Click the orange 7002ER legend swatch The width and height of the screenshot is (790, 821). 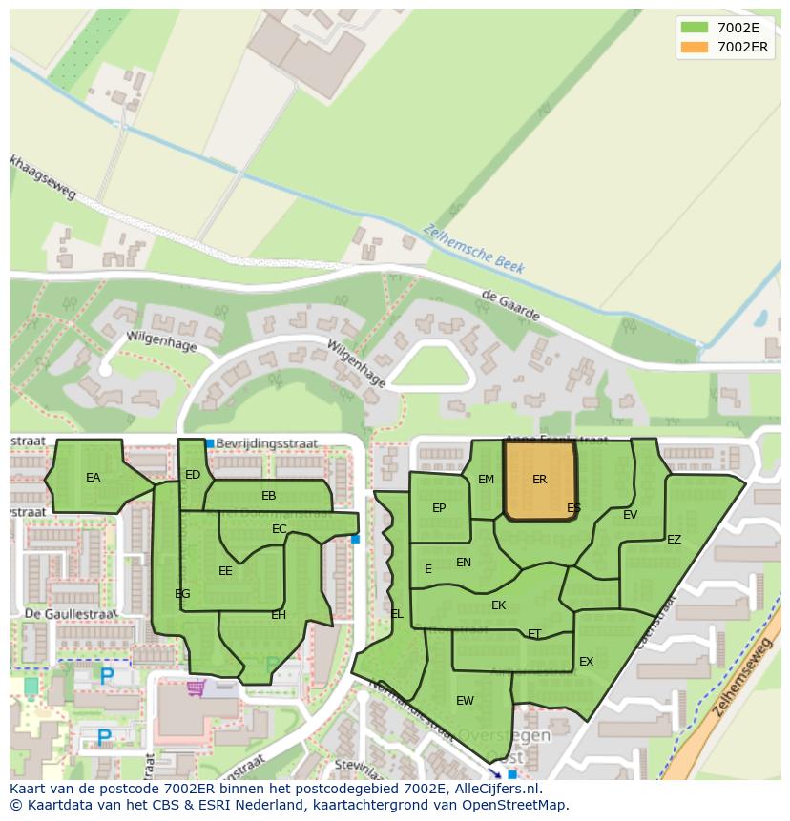pos(695,47)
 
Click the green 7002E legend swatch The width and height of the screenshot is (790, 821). pos(695,28)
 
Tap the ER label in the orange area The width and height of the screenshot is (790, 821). pos(540,480)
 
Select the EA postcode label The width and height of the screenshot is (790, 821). pos(93,478)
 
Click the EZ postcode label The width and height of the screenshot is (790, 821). pos(675,540)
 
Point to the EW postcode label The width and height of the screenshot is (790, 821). pos(465,701)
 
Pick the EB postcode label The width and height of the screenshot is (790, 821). pos(269,496)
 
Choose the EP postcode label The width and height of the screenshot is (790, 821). pos(439,508)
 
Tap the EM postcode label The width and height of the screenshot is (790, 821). pos(487,480)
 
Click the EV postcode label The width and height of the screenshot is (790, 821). pos(630,515)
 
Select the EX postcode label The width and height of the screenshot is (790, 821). pos(586,662)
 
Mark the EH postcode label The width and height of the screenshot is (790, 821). pos(279,615)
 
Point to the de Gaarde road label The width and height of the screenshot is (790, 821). pos(510,306)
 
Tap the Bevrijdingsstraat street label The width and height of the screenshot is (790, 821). pos(266,443)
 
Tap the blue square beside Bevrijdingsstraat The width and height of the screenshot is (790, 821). pos(210,443)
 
